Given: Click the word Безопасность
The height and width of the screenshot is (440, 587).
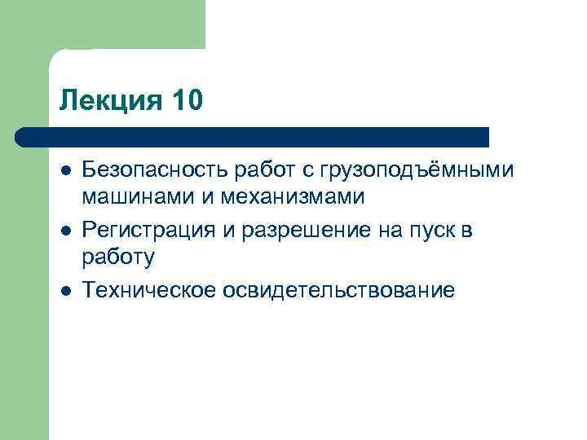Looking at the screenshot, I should coord(156,170).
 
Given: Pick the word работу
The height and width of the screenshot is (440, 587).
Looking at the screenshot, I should coord(117,258).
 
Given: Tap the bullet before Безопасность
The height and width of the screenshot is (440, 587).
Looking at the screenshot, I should coord(66,170).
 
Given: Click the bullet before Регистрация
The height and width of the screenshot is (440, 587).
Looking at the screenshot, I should coord(66,231).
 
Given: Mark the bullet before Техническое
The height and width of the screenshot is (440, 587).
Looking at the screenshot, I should coord(66,291).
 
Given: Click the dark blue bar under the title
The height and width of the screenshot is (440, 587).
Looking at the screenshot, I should coord(253,136).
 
